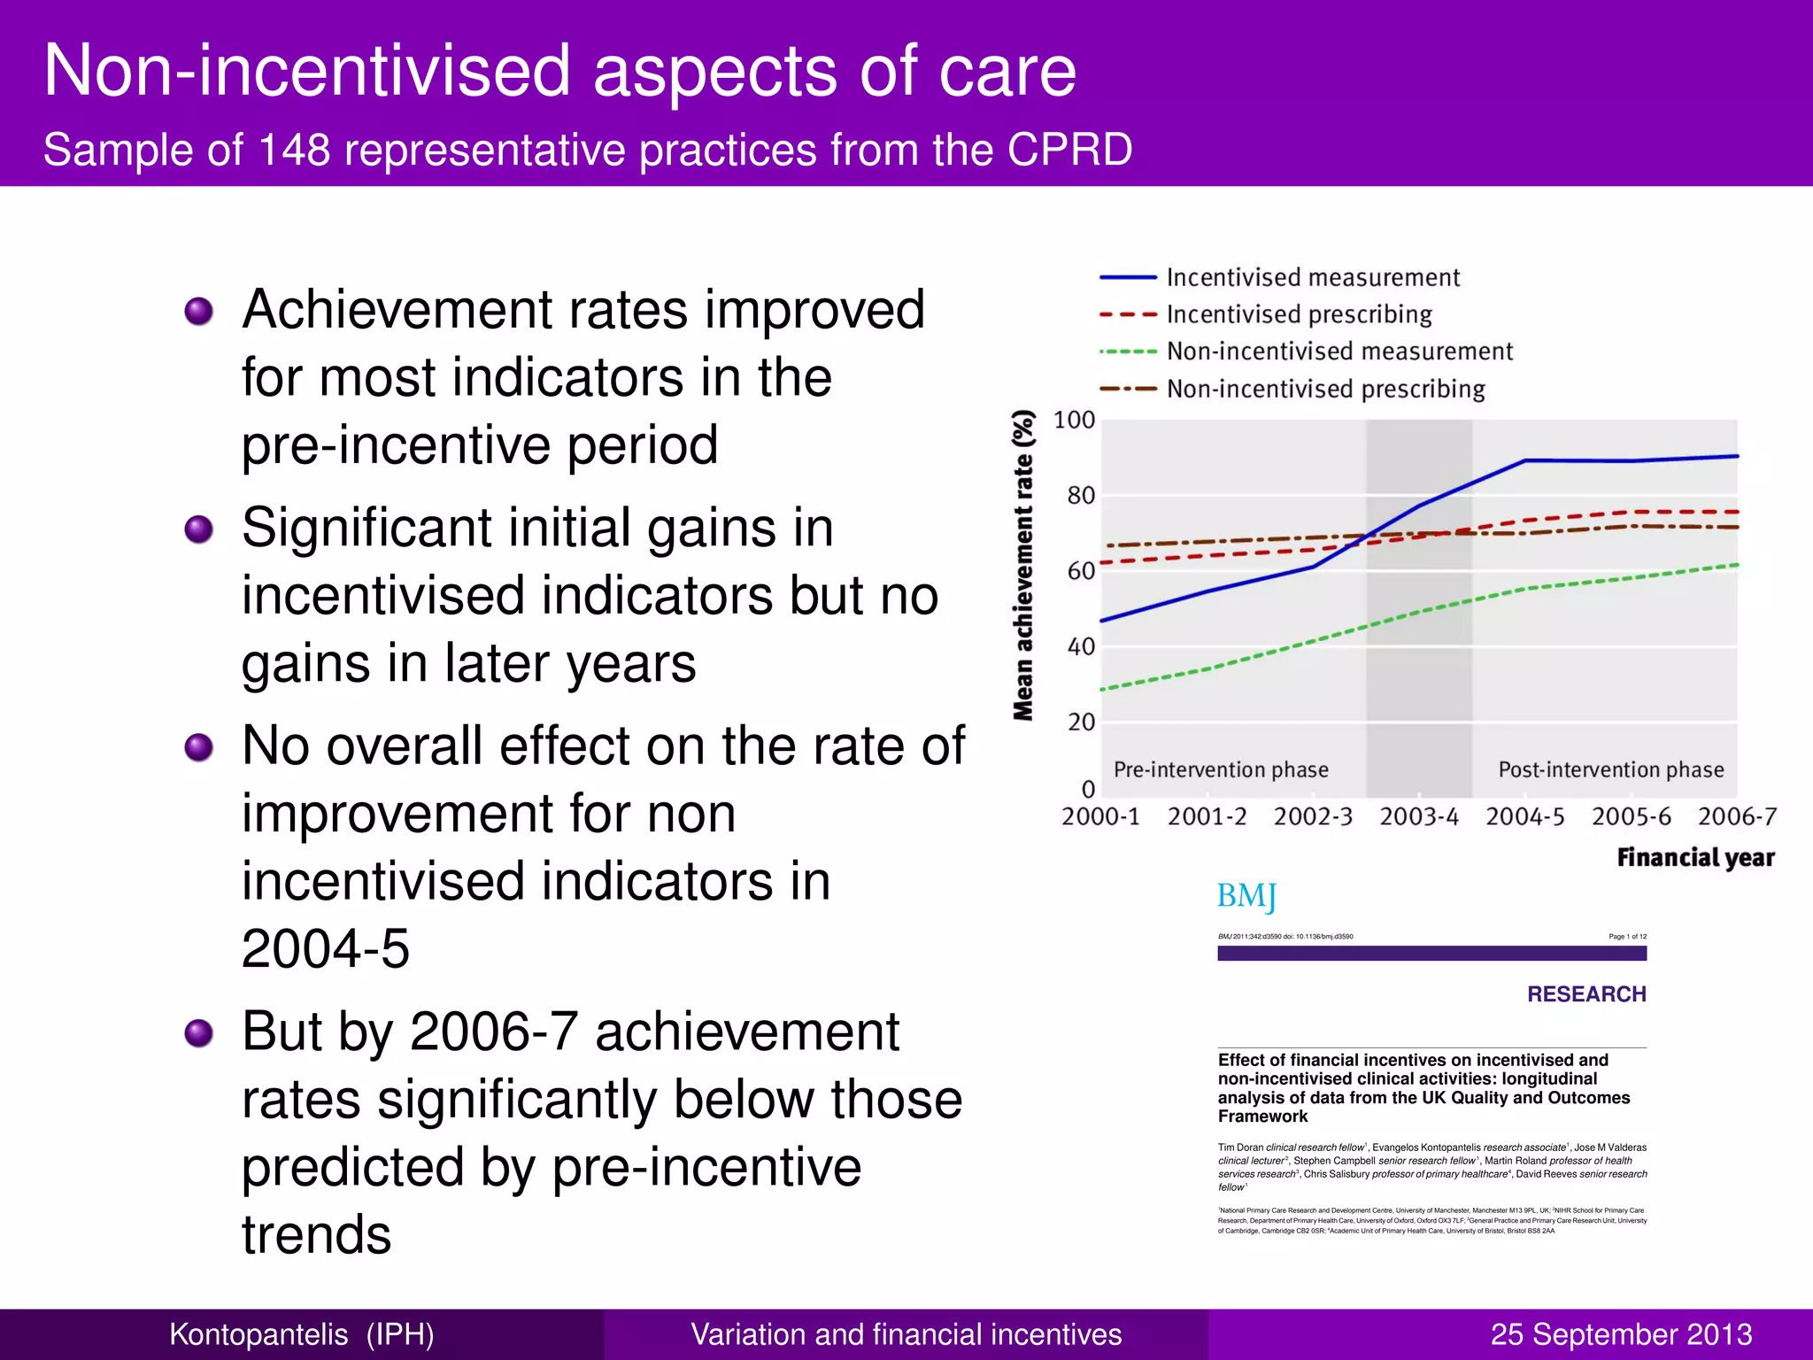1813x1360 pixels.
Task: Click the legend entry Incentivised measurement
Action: [x=1312, y=278]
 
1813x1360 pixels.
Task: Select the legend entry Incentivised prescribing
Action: [x=1299, y=315]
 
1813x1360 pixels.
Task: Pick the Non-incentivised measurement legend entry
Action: [x=1339, y=352]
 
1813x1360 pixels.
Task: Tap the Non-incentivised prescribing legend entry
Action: [x=1325, y=390]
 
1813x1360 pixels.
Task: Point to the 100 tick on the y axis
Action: [x=1074, y=421]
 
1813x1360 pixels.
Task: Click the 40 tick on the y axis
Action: [x=1081, y=647]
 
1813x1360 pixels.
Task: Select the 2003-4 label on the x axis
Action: [x=1418, y=817]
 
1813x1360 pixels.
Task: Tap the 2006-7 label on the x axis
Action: [x=1737, y=817]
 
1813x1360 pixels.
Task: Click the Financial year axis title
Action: [x=1695, y=858]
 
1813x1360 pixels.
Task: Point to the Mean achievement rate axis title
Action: [x=1024, y=566]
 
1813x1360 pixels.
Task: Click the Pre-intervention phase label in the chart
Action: [x=1221, y=770]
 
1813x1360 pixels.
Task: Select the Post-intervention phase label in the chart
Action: [x=1610, y=770]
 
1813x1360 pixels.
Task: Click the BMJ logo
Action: [x=1246, y=897]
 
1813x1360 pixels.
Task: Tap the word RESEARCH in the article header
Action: [x=1586, y=994]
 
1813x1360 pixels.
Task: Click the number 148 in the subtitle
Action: [x=294, y=150]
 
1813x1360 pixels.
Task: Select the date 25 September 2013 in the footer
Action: [x=1621, y=1334]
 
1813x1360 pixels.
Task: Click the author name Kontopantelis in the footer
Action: [x=258, y=1334]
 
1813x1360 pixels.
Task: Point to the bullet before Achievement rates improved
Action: [x=199, y=312]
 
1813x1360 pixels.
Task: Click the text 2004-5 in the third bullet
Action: [x=326, y=949]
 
